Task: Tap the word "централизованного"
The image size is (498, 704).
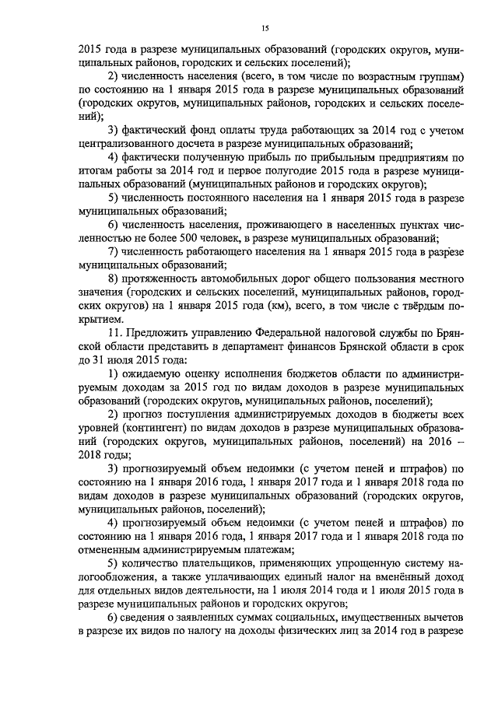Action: [128, 144]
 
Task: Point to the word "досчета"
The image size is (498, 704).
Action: [209, 144]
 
